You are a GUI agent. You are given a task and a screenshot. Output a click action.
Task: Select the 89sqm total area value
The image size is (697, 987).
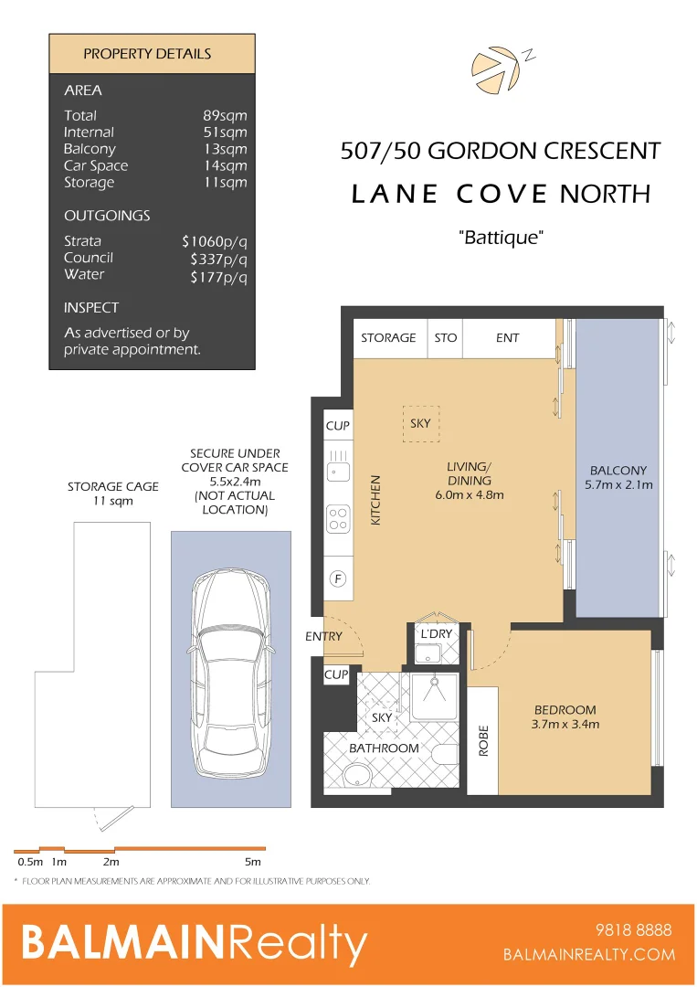click(x=225, y=116)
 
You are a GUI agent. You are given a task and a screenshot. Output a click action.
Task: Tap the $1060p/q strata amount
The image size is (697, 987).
click(x=215, y=242)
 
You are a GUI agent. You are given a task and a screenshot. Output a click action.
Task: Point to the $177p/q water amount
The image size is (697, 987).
click(x=218, y=275)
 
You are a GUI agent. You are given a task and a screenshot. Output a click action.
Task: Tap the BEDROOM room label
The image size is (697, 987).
click(x=565, y=710)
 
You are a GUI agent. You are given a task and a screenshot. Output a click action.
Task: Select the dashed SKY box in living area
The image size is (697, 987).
click(x=420, y=424)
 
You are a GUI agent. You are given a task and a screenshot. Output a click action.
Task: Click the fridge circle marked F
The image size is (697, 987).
click(x=338, y=579)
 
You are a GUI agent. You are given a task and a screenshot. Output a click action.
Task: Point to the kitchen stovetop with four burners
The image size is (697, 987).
click(x=338, y=518)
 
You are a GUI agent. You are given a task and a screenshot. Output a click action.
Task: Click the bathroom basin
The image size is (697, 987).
click(x=356, y=776)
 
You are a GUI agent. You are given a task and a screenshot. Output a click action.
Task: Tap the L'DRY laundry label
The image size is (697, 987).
click(x=436, y=634)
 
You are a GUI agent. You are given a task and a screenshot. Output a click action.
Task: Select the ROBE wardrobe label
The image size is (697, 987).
click(x=483, y=740)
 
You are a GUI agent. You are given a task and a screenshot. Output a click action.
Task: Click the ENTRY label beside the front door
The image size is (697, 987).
click(x=323, y=636)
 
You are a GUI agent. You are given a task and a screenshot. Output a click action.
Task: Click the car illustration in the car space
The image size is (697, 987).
click(x=230, y=660)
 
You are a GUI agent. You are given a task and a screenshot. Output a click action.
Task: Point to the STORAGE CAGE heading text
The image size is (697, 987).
click(x=112, y=487)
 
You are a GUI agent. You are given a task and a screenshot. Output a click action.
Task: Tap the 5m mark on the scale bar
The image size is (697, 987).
click(x=252, y=862)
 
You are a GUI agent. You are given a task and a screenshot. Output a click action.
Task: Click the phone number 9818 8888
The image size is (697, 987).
click(x=633, y=930)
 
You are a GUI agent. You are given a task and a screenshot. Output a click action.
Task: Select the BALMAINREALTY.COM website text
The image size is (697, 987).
click(x=589, y=955)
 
